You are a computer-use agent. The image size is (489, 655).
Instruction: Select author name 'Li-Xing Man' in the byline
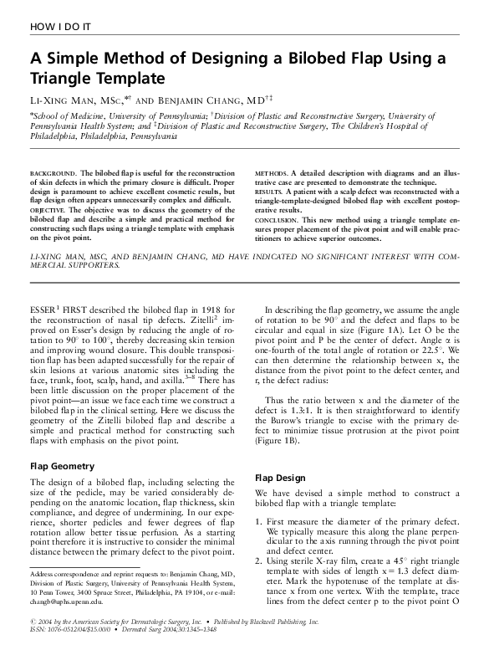point(62,99)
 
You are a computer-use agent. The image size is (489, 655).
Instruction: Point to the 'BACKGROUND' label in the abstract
point(53,171)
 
